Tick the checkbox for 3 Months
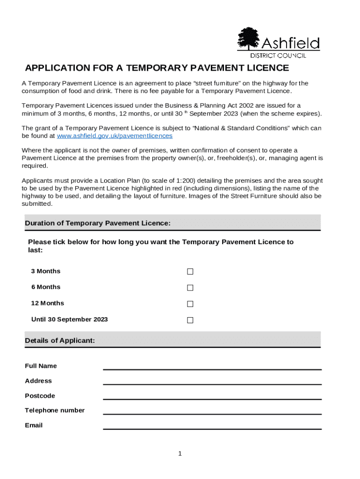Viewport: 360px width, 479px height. (x=190, y=272)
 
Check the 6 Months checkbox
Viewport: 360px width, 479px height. (x=190, y=288)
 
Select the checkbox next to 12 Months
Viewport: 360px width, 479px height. (x=190, y=304)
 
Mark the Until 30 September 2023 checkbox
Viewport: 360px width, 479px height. (x=190, y=320)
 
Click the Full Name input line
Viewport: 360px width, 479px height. (x=212, y=366)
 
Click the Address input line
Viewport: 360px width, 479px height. (x=212, y=381)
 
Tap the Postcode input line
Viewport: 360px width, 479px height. (x=212, y=396)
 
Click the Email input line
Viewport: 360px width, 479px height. (x=212, y=426)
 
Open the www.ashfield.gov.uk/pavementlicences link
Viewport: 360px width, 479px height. (x=115, y=136)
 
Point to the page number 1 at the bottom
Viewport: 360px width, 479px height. (x=180, y=453)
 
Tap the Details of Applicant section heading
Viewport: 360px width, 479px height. (x=60, y=341)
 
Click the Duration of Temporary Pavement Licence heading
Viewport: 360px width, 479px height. (x=97, y=224)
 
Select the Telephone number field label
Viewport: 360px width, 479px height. (x=55, y=410)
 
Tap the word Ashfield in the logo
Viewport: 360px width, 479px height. (x=290, y=44)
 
